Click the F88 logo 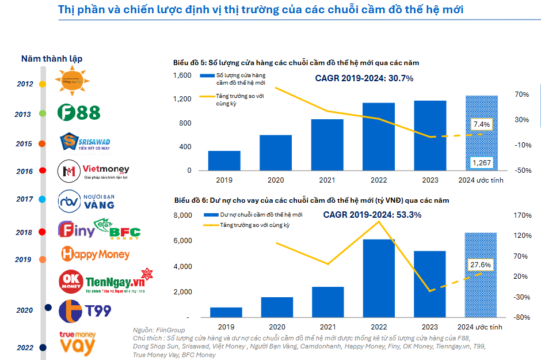[79, 113]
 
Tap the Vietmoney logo [94, 170]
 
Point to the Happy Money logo [95, 253]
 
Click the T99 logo [85, 311]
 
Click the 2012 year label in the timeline [25, 84]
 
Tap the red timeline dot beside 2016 [42, 170]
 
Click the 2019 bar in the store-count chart [224, 161]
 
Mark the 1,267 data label [481, 163]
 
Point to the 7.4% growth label [481, 124]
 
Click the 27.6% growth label [481, 264]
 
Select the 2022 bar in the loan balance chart [379, 278]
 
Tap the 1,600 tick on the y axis [181, 75]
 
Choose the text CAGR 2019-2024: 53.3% [372, 215]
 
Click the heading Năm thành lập [52, 59]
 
